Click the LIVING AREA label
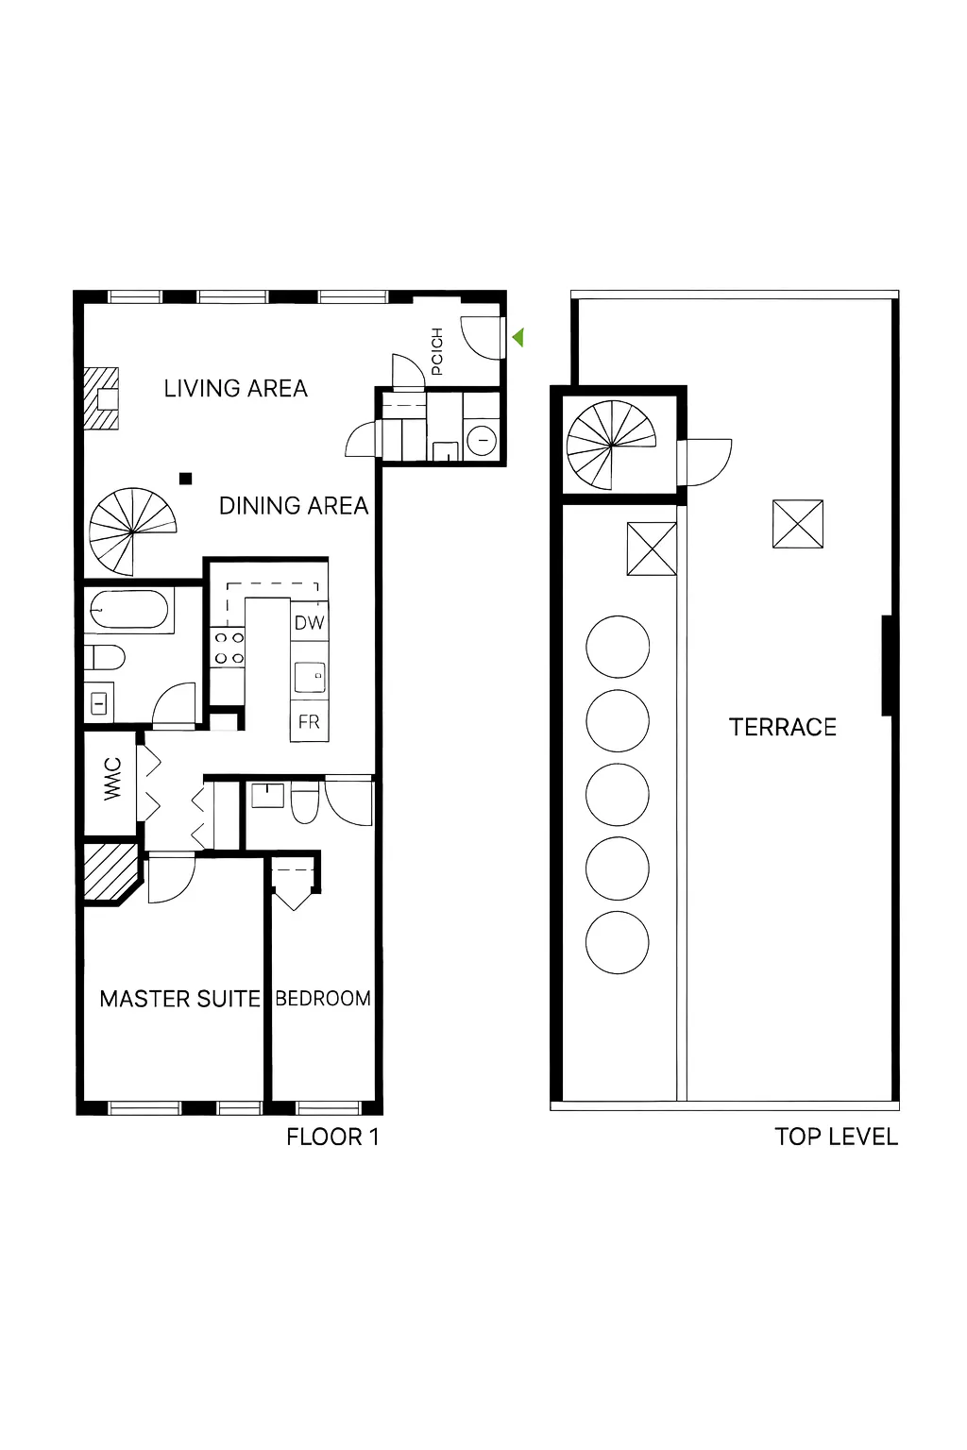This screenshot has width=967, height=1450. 235,388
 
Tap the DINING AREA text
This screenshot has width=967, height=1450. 293,506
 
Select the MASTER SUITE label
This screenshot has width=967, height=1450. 179,999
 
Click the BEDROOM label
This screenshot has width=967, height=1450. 323,999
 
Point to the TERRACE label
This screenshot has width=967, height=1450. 782,727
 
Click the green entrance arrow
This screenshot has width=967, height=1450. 517,337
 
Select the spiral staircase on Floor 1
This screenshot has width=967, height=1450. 132,532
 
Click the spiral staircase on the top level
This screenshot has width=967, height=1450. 611,444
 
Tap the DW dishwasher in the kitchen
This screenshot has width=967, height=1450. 309,623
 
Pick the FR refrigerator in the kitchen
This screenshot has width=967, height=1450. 309,722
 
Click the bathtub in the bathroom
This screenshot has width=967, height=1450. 128,610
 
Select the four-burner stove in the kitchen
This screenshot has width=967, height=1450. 229,649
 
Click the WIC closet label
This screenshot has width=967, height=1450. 112,779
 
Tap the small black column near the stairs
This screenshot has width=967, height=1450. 186,479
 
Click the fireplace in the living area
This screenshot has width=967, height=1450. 102,398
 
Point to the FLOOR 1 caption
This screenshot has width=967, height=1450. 332,1137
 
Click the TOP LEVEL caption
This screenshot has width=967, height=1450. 836,1137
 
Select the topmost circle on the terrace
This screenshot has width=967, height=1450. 618,648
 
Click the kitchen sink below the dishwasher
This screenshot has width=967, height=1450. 310,677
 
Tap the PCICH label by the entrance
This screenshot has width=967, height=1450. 436,351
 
